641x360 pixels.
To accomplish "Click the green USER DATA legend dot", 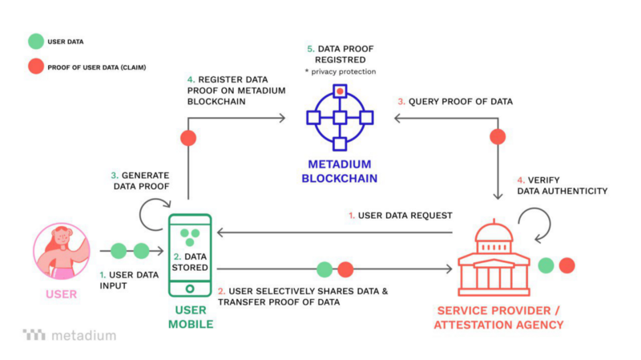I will tap(35, 40).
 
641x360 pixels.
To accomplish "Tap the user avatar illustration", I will tap(62, 251).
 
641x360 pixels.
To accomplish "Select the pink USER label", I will tap(62, 294).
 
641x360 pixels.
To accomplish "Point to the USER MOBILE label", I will tap(191, 317).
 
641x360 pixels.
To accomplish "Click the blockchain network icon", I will tap(340, 118).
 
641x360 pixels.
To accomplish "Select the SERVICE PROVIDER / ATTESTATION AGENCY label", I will tap(498, 317).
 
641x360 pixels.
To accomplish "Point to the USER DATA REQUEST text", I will tap(400, 215).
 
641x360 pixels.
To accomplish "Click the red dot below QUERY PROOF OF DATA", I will tap(498, 136).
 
